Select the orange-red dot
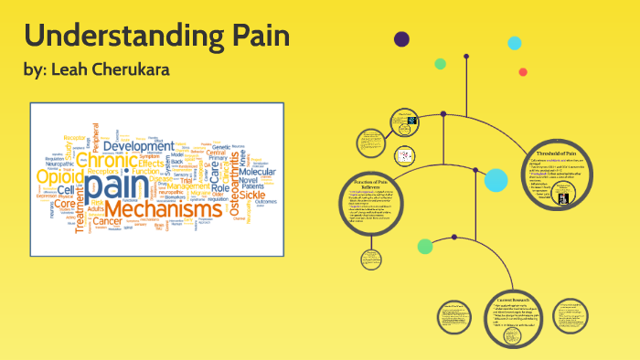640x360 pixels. click(x=523, y=71)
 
